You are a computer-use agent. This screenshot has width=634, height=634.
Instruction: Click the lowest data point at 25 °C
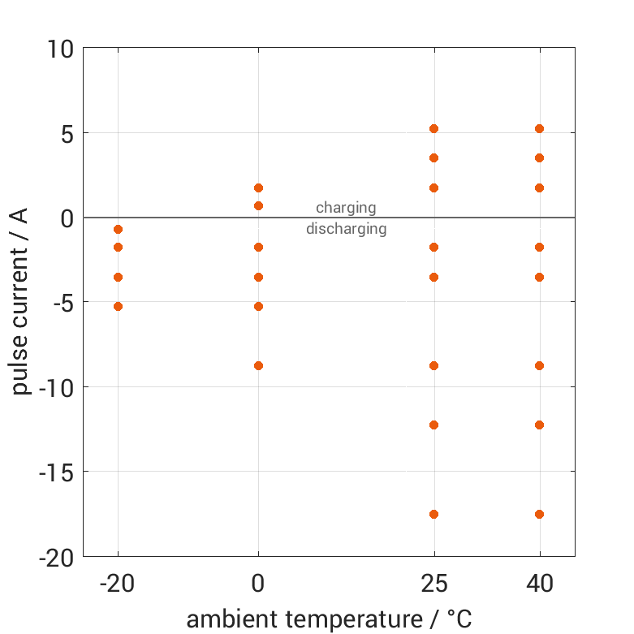(x=433, y=514)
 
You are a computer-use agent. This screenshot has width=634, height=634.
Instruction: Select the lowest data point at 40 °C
(x=539, y=514)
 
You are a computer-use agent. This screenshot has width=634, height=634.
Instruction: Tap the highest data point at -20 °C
(x=118, y=230)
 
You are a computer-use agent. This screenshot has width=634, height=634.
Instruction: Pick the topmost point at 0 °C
(x=258, y=188)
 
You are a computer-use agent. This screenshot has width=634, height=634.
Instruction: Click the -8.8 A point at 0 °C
(x=258, y=365)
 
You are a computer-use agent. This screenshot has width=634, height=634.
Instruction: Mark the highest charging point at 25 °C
(x=433, y=128)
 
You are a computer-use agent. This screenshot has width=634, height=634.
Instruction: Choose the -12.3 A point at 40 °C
(x=539, y=425)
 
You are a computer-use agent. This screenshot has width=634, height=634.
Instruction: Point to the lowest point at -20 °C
(x=118, y=306)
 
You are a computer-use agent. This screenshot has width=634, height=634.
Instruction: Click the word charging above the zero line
(x=346, y=208)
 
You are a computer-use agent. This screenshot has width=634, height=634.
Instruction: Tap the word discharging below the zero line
(x=346, y=229)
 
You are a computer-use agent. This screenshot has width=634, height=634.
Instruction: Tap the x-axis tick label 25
(x=433, y=583)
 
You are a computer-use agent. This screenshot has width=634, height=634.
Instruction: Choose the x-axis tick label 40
(x=539, y=583)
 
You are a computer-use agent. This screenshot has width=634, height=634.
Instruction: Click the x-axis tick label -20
(x=118, y=583)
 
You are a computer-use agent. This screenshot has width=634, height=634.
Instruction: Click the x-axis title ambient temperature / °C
(x=329, y=619)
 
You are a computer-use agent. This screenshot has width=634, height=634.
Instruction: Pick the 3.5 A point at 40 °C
(x=539, y=157)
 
